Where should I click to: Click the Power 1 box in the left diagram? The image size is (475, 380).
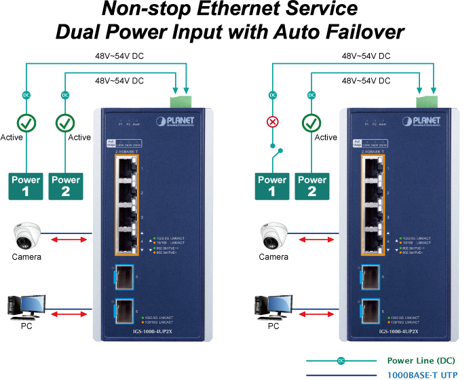click(26, 185)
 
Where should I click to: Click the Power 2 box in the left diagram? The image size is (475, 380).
click(66, 185)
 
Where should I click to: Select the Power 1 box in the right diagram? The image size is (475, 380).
click(272, 185)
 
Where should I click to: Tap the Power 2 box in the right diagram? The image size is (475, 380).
click(312, 185)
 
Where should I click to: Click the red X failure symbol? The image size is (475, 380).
click(273, 123)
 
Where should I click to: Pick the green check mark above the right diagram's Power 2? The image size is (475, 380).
click(311, 123)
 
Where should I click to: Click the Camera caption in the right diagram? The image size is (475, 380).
click(273, 257)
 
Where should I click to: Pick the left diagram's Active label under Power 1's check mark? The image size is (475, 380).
click(12, 137)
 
